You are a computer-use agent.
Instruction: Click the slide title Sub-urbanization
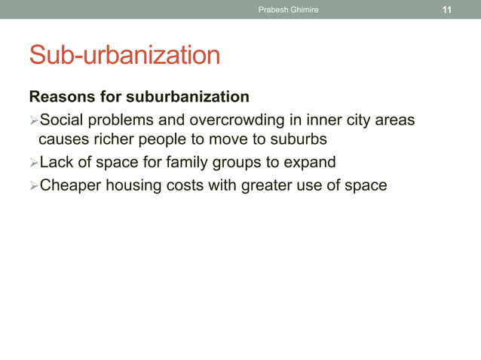(x=124, y=55)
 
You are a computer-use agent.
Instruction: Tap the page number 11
(x=447, y=10)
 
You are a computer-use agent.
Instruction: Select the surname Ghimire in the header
(x=304, y=10)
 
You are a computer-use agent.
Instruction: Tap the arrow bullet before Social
(x=33, y=120)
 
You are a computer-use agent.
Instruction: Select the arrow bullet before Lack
(x=33, y=163)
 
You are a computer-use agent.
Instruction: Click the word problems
(x=121, y=120)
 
